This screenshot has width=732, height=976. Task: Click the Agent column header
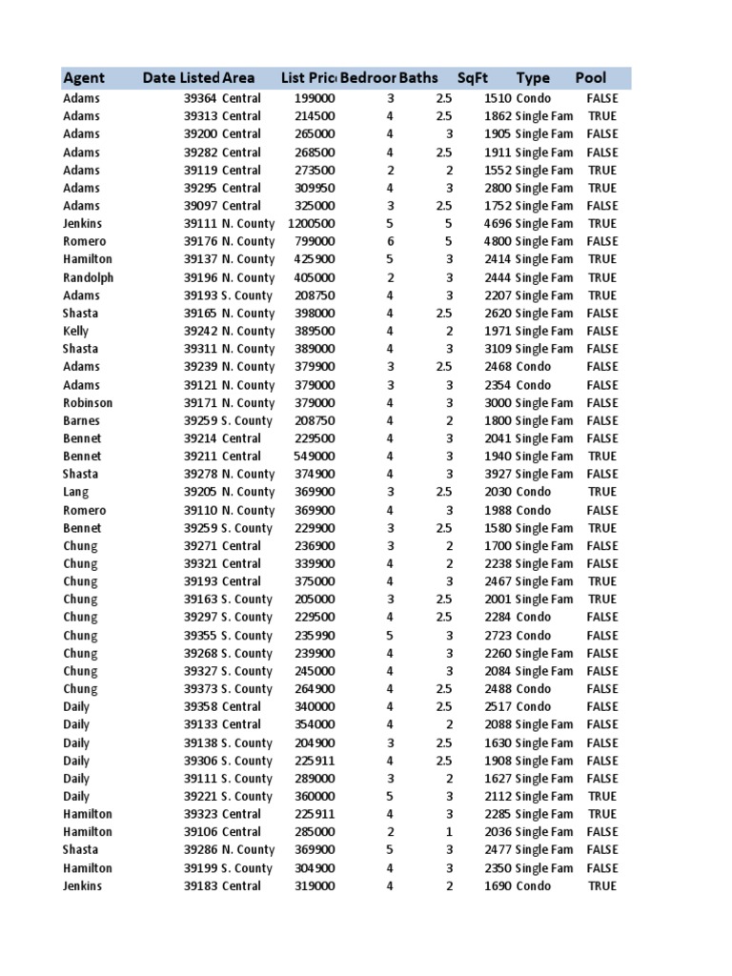84,78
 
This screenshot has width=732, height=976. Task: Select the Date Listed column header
181,78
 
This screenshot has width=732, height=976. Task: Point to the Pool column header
591,78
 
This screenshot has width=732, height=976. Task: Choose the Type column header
533,78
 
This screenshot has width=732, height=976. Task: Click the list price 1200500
311,223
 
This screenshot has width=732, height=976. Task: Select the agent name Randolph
88,277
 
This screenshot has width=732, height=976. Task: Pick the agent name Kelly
75,331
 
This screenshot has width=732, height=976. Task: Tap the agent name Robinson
88,402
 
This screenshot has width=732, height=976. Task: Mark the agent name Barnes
81,420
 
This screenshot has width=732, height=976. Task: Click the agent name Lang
75,492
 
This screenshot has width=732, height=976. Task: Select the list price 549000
315,456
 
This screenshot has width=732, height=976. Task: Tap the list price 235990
315,636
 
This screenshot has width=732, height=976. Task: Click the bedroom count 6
390,241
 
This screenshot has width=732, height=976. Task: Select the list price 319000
315,886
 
